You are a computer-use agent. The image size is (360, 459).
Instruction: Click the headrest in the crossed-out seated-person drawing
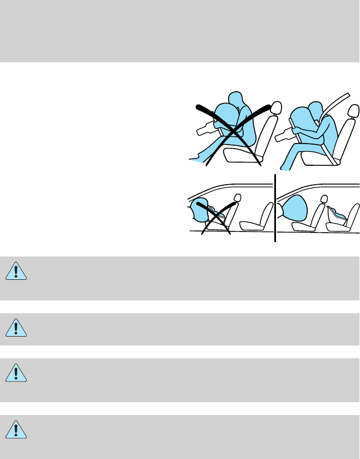coord(274,108)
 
